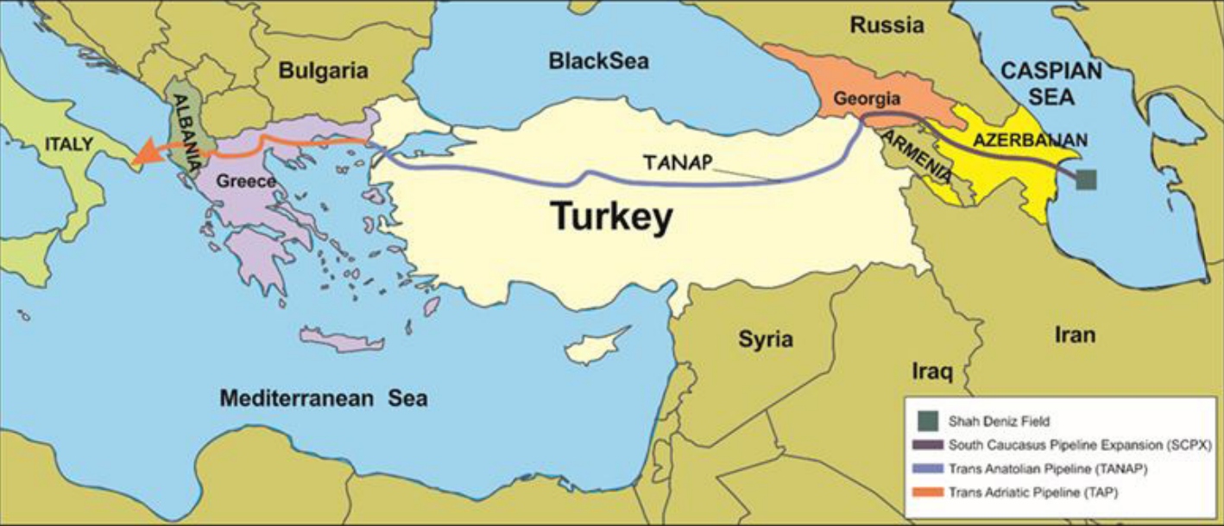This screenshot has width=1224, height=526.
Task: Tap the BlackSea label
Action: click(x=598, y=61)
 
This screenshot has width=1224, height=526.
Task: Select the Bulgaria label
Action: click(x=323, y=71)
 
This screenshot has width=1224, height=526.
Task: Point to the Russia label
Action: click(x=886, y=25)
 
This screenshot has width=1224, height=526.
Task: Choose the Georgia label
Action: click(x=867, y=98)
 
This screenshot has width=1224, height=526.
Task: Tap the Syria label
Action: click(x=765, y=339)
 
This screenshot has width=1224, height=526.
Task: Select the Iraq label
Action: click(x=932, y=372)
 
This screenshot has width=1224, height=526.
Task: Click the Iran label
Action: click(x=1074, y=334)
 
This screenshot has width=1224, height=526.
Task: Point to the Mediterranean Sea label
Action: click(x=323, y=399)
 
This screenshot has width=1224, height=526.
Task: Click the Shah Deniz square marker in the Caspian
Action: click(x=1086, y=179)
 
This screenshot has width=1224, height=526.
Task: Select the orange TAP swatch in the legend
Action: click(x=929, y=492)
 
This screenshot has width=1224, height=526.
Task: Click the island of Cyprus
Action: click(x=593, y=346)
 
